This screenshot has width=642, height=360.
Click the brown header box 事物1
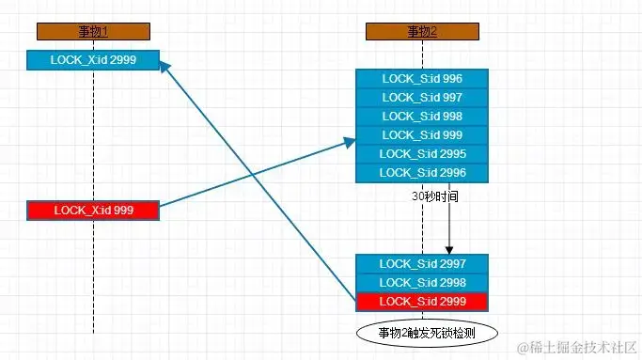(93, 32)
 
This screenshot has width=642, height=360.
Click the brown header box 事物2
(422, 32)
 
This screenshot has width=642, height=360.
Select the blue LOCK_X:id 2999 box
(93, 59)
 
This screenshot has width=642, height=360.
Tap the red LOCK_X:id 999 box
(93, 211)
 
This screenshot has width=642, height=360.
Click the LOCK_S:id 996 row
(423, 79)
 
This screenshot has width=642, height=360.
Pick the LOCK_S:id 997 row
(423, 98)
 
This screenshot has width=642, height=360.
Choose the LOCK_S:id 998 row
(423, 117)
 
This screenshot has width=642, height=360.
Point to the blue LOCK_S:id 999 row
(423, 135)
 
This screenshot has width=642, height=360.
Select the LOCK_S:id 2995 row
(423, 154)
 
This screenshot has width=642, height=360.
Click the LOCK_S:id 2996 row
(423, 173)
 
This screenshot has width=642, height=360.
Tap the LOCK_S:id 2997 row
(423, 263)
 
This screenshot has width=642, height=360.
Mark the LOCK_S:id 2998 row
(423, 282)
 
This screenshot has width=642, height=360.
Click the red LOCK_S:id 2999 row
(423, 301)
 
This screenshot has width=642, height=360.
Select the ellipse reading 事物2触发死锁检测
(426, 333)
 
